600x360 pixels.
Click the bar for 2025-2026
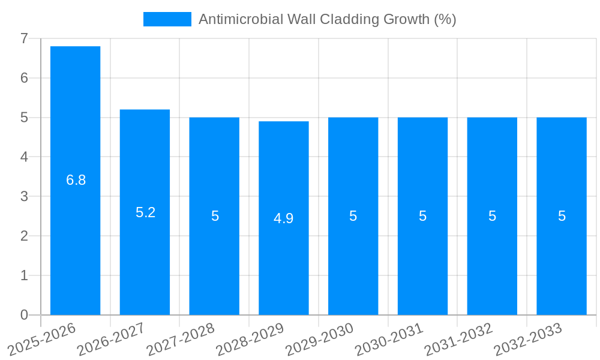(75, 180)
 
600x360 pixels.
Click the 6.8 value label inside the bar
(76, 180)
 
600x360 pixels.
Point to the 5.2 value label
(146, 212)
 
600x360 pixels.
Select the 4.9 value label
(284, 218)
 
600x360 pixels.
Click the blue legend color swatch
(167, 19)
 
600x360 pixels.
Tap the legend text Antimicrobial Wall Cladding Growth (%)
(327, 19)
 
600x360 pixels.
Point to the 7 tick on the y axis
(24, 38)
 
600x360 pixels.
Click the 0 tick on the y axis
(24, 315)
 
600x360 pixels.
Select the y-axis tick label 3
(24, 196)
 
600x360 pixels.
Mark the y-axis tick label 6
(24, 78)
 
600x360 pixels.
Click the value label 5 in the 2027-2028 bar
(215, 216)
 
